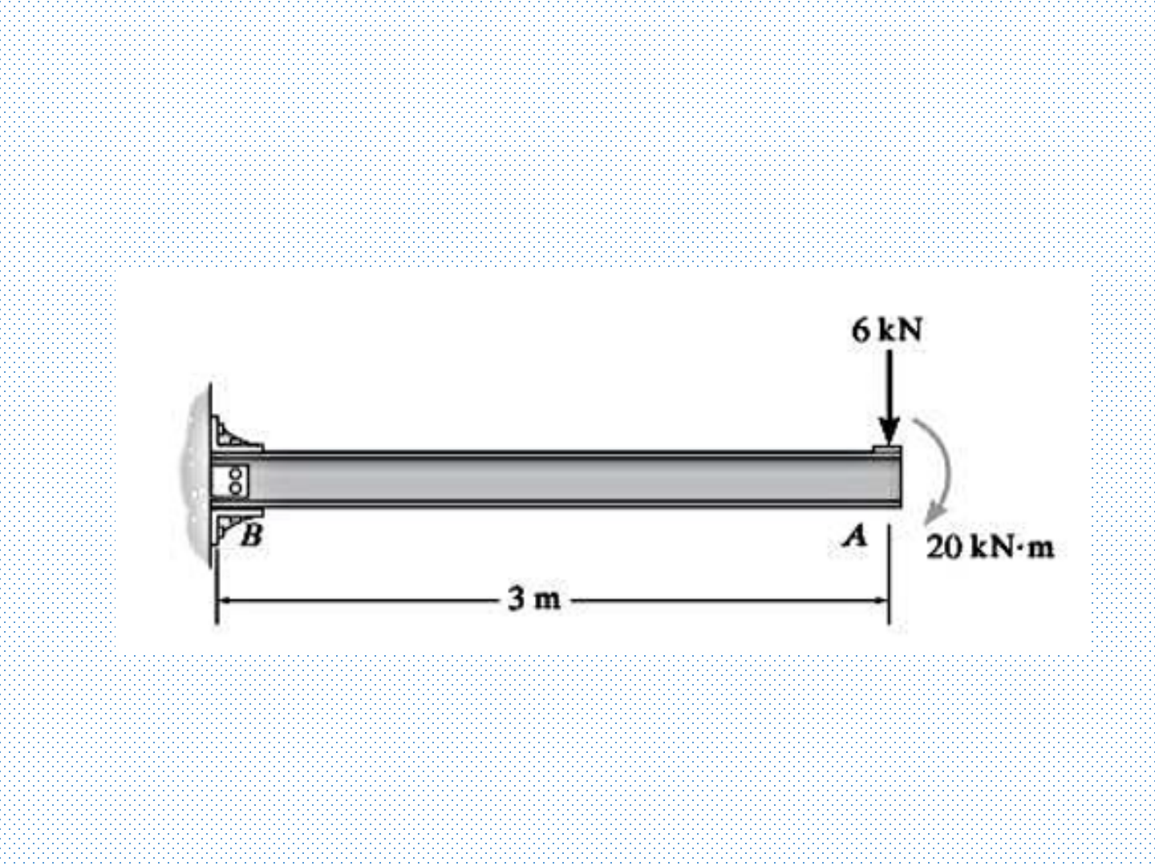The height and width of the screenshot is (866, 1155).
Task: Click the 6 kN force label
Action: (887, 330)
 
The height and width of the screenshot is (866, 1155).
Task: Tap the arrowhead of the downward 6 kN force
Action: (888, 431)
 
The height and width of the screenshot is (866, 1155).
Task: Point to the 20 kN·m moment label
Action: (990, 548)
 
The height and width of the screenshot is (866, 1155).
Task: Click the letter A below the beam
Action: (854, 536)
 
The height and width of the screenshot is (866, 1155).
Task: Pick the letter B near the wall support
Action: (253, 536)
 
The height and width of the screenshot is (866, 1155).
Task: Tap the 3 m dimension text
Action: (534, 598)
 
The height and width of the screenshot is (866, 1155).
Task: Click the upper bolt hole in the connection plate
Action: (237, 473)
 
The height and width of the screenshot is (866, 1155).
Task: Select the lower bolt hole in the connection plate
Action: (237, 488)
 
